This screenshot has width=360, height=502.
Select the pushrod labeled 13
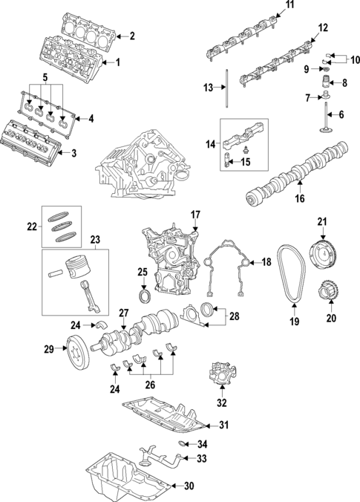(223, 88)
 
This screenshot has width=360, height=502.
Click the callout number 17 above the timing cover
(196, 215)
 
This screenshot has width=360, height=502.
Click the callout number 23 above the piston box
(94, 239)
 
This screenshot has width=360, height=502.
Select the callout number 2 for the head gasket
(131, 36)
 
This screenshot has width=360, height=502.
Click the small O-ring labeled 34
(183, 443)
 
